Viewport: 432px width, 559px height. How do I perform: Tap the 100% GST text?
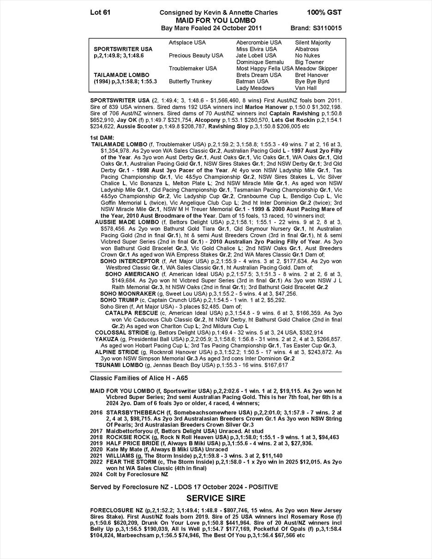coord(324,12)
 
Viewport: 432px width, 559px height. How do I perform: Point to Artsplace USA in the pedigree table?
coord(187,42)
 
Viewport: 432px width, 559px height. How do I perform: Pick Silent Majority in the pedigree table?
coord(313,42)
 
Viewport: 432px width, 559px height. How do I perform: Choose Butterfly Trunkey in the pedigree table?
coord(190,81)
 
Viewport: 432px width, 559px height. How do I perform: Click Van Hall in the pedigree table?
coord(306,88)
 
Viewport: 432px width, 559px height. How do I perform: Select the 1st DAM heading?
coord(102,138)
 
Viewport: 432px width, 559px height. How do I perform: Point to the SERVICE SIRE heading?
coord(216,499)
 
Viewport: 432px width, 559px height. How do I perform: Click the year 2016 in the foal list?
coord(96,412)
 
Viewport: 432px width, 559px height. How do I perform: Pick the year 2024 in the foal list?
coord(96,474)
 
